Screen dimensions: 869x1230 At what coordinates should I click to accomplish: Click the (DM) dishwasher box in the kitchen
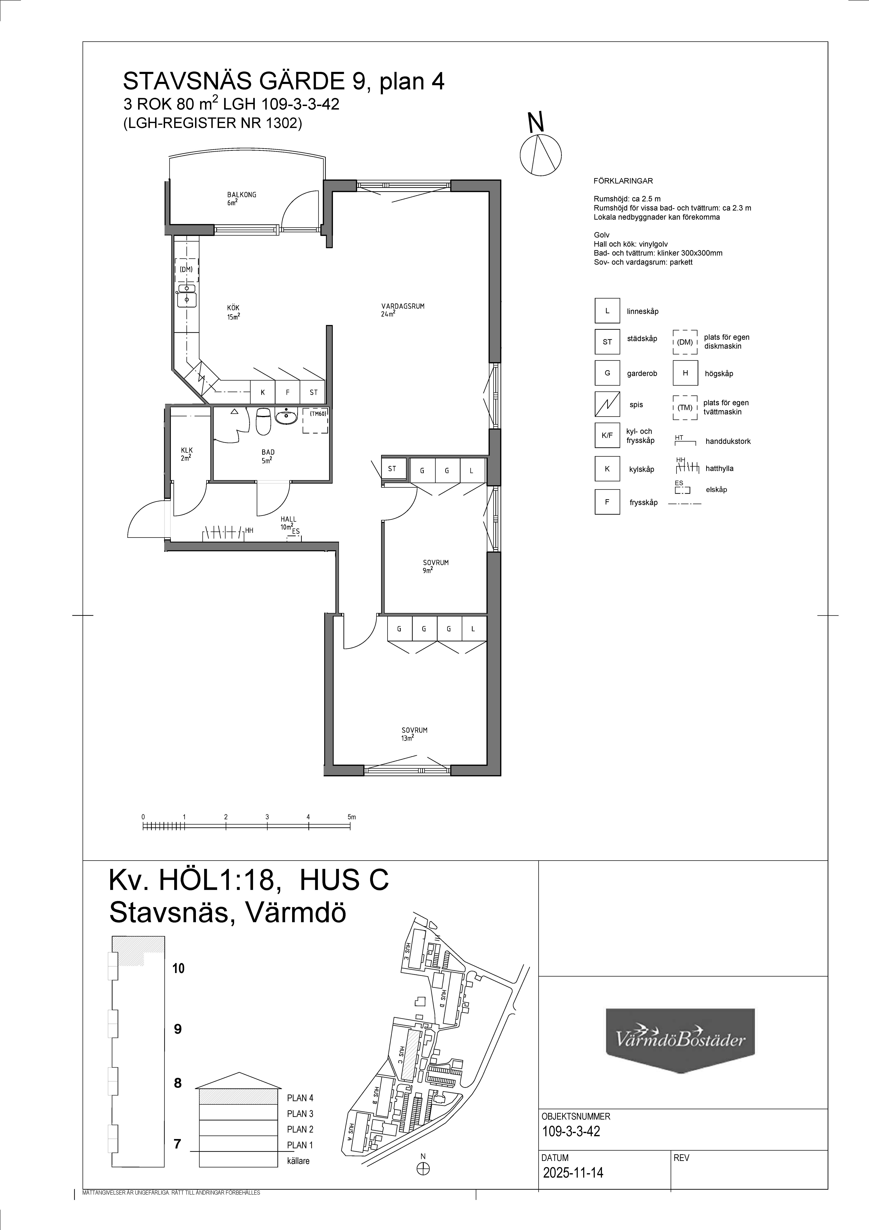186,270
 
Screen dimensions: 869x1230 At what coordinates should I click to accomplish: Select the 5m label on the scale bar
351,817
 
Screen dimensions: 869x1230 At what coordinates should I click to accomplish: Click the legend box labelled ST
607,342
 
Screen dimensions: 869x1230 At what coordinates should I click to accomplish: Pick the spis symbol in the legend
607,404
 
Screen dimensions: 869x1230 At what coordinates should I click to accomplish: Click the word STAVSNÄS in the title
177,82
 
